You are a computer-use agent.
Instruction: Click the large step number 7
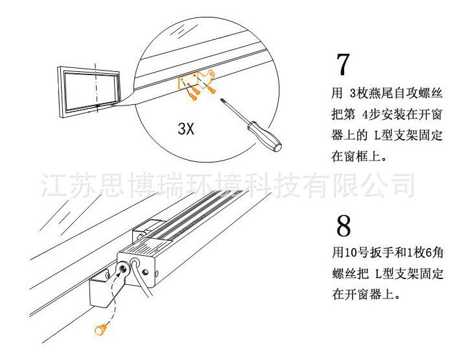[343, 65]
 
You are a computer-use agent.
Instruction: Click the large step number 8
[344, 226]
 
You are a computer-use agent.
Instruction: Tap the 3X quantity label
[186, 128]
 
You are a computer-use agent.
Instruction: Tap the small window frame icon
[90, 86]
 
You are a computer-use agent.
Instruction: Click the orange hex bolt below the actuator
[100, 330]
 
